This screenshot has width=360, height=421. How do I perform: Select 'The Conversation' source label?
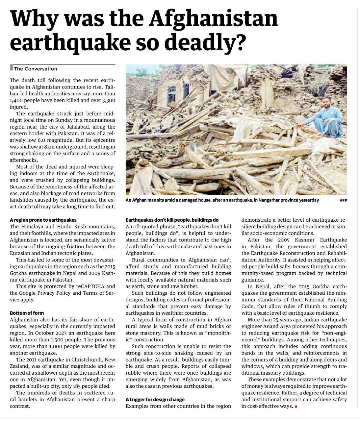pyautogui.click(x=36, y=69)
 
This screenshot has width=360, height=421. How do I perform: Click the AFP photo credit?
pyautogui.click(x=343, y=200)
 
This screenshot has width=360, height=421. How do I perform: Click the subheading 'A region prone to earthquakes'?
pyautogui.click(x=43, y=220)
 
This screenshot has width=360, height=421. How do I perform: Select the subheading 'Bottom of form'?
pyautogui.click(x=27, y=313)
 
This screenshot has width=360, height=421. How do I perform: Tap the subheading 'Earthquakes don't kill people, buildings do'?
pyautogui.click(x=172, y=220)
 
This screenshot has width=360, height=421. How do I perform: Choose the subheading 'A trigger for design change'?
pyautogui.click(x=155, y=399)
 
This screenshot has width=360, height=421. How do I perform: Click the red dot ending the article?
pyautogui.click(x=296, y=407)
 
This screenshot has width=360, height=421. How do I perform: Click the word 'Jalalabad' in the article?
pyautogui.click(x=81, y=127)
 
